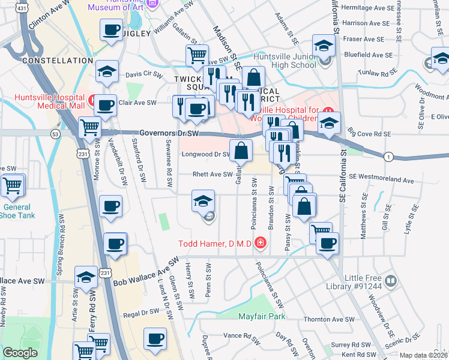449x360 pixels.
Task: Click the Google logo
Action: coord(20,353)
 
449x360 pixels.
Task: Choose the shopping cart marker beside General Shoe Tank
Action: coord(12,187)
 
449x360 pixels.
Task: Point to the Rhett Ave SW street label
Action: coord(212,175)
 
